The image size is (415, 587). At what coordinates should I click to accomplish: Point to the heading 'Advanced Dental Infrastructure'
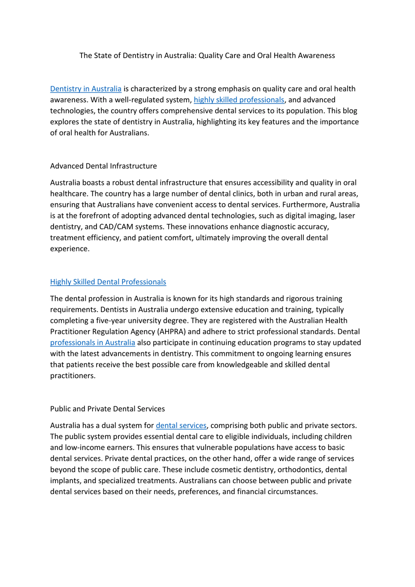[x=103, y=166]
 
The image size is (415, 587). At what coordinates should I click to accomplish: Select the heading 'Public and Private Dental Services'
[x=107, y=409]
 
